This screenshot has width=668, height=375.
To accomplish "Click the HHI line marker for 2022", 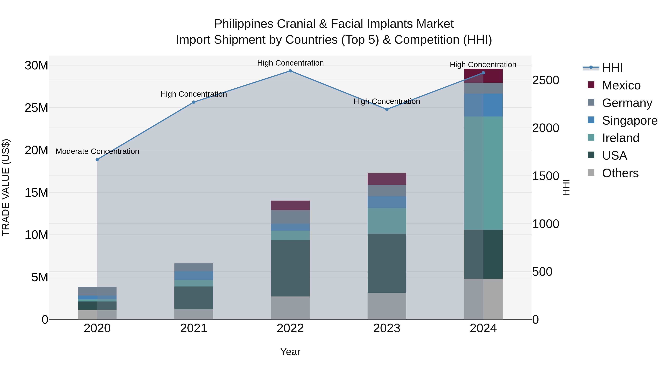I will pyautogui.click(x=290, y=71).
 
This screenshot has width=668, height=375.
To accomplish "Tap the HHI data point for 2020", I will pyautogui.click(x=97, y=159).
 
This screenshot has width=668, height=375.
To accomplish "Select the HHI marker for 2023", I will pyautogui.click(x=387, y=109).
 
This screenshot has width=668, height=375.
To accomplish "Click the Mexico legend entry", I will pyautogui.click(x=621, y=85).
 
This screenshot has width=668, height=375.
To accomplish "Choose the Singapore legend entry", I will pyautogui.click(x=629, y=121).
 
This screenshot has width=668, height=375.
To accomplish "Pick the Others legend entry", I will pyautogui.click(x=620, y=173).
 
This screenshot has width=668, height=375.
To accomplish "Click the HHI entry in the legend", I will pyautogui.click(x=612, y=68).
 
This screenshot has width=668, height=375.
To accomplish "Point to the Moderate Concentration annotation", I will pyautogui.click(x=97, y=151).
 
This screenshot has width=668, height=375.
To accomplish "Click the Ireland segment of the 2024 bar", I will pyautogui.click(x=483, y=173).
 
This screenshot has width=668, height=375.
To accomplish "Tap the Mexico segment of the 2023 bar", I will pyautogui.click(x=387, y=179).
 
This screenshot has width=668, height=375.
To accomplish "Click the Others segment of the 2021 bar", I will pyautogui.click(x=194, y=314).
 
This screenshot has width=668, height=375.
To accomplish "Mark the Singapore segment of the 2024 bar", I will pyautogui.click(x=483, y=105).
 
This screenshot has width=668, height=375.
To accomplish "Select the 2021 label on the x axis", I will pyautogui.click(x=194, y=328).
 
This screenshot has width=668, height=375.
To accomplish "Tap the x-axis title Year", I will pyautogui.click(x=290, y=352).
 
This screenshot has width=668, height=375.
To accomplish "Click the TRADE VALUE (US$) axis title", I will pyautogui.click(x=6, y=187).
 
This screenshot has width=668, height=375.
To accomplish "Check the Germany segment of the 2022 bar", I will pyautogui.click(x=290, y=217).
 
